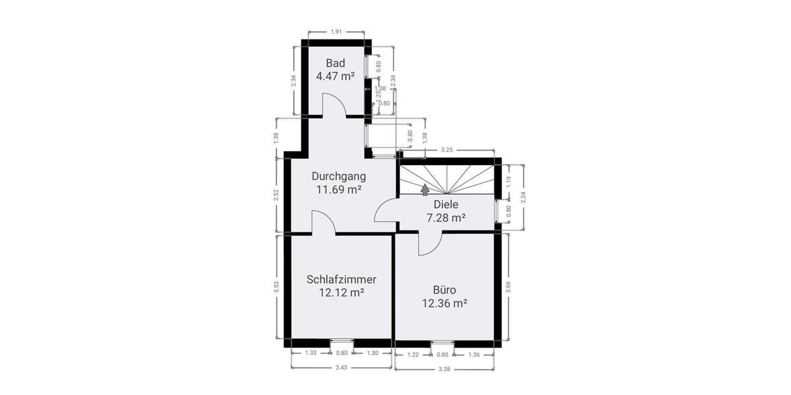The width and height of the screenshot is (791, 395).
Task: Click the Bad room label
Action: [x=336, y=63]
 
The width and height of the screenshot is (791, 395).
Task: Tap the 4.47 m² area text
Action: [x=336, y=76]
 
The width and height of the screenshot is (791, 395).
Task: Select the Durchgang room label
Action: [x=339, y=176]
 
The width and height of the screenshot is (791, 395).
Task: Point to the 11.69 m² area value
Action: [x=339, y=190]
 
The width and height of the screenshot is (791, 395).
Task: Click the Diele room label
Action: [x=446, y=205]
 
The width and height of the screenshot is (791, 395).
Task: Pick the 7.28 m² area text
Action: [x=446, y=217]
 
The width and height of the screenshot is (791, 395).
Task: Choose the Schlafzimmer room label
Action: [x=341, y=279]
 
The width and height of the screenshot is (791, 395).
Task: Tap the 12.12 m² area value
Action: [x=341, y=292]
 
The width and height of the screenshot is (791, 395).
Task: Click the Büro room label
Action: [x=445, y=290]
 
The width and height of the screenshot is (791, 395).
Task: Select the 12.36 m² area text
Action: [x=445, y=303]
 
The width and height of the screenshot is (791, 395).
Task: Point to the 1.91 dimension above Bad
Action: [x=336, y=32]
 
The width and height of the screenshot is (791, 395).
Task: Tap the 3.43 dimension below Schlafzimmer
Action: [x=341, y=367]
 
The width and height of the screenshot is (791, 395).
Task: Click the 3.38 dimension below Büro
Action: [x=444, y=369]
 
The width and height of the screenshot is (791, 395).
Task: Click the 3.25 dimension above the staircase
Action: [x=446, y=150]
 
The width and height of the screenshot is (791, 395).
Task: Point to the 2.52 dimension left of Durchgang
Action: [x=276, y=196]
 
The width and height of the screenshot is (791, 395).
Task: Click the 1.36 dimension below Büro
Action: [x=473, y=354]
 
